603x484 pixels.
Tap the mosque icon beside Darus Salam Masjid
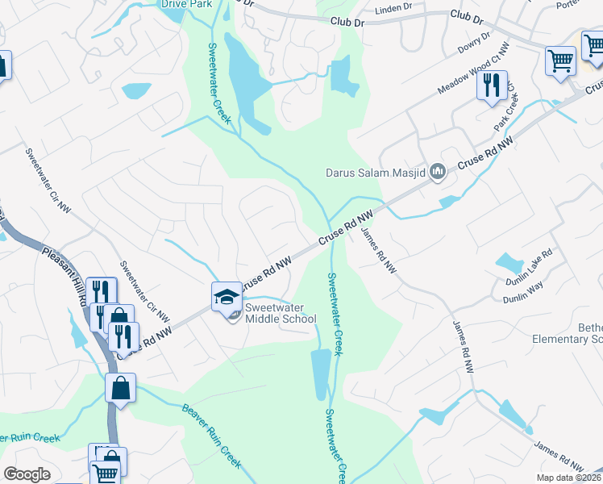pos(438,170)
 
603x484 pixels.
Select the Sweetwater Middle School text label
pos(281,313)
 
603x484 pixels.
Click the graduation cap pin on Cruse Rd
pos(227,297)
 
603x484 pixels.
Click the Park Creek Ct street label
pos(508,110)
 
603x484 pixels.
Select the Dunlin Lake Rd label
pos(529,263)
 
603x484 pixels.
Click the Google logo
pos(27,474)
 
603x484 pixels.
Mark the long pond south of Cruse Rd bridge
pos(320,373)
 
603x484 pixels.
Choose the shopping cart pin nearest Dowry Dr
pos(560,61)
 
